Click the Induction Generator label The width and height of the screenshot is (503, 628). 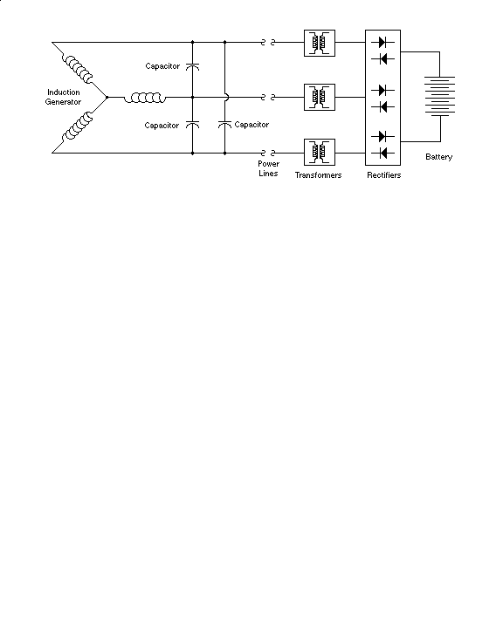[x=63, y=97]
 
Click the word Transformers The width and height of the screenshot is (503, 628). [x=318, y=175]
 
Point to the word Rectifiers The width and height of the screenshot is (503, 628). [x=384, y=175]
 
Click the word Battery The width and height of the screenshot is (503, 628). [x=439, y=157]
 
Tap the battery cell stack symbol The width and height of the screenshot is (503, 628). [x=439, y=96]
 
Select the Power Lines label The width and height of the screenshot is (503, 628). [x=268, y=168]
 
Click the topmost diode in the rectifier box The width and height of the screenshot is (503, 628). [x=382, y=42]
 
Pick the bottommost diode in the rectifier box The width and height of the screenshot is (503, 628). [x=382, y=153]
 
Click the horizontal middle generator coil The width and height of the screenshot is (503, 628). [x=144, y=98]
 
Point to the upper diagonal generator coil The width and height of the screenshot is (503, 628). [x=78, y=69]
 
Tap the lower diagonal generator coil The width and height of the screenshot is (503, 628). [x=78, y=126]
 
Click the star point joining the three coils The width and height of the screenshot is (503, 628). [x=107, y=98]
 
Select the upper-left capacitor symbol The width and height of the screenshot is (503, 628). [x=192, y=66]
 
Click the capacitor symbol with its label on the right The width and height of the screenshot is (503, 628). [x=224, y=124]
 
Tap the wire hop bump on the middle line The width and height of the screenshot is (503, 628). [x=227, y=98]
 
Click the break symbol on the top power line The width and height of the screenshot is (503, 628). [x=268, y=42]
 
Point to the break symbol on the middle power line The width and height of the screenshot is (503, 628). [x=268, y=98]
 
